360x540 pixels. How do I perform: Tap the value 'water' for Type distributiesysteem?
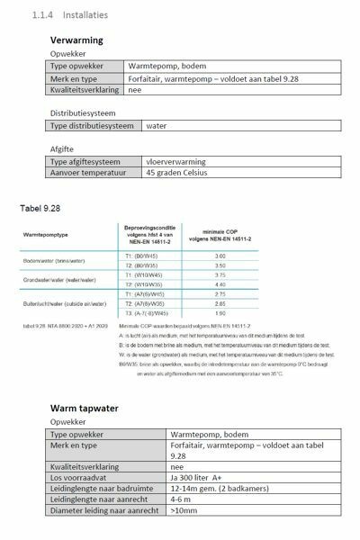183,127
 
